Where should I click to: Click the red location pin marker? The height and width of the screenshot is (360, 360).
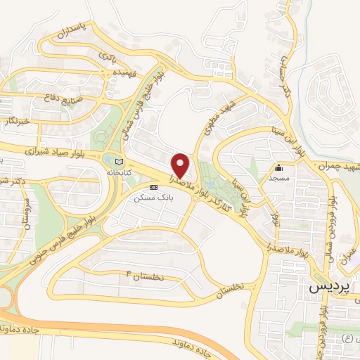(181, 166)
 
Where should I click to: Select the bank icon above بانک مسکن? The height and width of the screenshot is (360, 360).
(153, 186)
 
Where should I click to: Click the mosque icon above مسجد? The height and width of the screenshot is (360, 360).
(279, 167)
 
